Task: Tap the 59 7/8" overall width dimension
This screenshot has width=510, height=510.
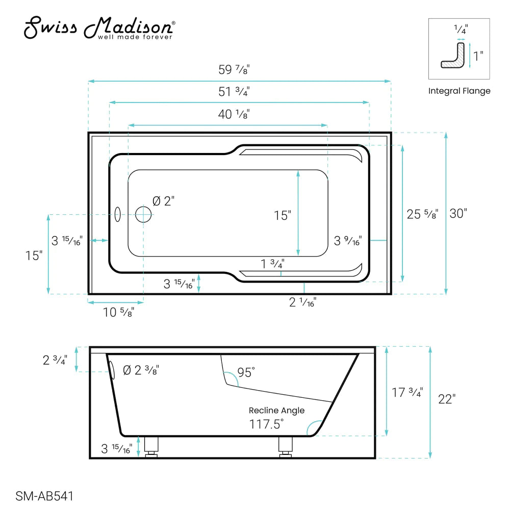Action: (234, 71)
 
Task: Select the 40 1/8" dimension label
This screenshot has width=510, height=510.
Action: (234, 114)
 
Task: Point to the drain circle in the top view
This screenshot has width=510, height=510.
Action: (143, 214)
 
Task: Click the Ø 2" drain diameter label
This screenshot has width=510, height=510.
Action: (164, 201)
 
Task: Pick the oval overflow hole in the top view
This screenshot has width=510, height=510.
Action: (117, 215)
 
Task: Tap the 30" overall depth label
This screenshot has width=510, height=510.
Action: (458, 214)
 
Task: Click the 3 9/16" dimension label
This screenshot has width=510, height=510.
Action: (348, 240)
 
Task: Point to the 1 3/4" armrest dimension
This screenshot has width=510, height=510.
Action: (272, 264)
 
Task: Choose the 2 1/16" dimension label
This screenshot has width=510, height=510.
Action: (303, 302)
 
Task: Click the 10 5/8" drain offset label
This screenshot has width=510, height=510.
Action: (119, 312)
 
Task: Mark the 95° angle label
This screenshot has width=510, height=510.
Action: (245, 373)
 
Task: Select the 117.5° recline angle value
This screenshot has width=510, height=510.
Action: (267, 424)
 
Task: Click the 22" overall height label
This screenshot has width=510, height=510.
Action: (446, 399)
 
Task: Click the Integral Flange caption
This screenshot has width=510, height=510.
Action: (459, 91)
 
